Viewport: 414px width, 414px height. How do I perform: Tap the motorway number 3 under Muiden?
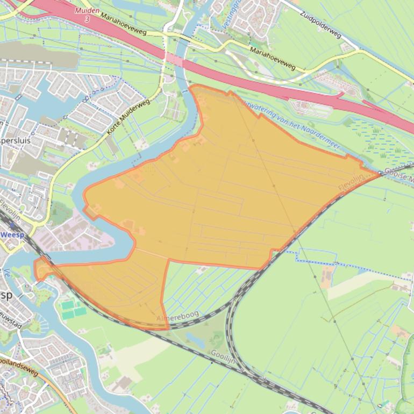pyautogui.click(x=87, y=19)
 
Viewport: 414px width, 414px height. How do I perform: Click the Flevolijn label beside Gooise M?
pyautogui.click(x=351, y=181)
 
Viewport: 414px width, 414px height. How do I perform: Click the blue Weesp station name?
pyautogui.click(x=12, y=235)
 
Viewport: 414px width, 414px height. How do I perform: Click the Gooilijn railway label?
pyautogui.click(x=223, y=356)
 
